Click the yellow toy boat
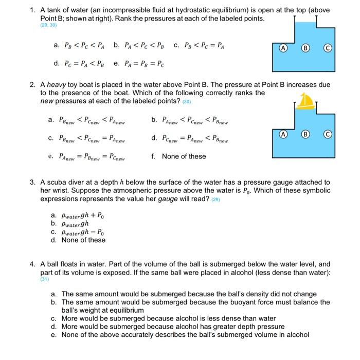coord(306,101)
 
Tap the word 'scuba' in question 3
coord(56,183)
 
